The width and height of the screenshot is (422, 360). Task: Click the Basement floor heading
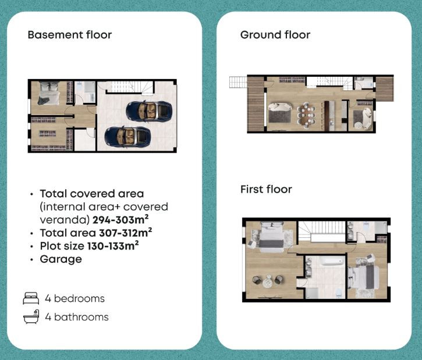tap(70, 35)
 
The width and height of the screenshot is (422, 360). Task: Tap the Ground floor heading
tap(275, 35)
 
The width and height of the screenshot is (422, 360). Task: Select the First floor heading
tap(266, 189)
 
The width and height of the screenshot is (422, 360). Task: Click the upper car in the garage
tap(149, 111)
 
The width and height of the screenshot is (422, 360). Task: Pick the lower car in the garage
tap(127, 137)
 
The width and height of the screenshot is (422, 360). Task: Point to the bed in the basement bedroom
tap(49, 93)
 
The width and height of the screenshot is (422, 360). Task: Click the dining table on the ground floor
tap(306, 115)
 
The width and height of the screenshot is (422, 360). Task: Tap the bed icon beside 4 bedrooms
tap(31, 298)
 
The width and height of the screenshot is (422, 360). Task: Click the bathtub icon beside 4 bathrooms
tap(31, 317)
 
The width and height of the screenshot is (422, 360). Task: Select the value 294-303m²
tap(120, 220)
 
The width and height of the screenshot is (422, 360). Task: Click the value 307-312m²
tap(125, 233)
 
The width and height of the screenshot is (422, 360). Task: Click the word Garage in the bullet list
tap(61, 259)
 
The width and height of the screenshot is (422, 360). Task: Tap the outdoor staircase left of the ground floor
tap(238, 82)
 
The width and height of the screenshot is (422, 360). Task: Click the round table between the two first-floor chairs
tap(268, 281)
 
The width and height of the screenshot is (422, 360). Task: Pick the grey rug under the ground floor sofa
tap(279, 116)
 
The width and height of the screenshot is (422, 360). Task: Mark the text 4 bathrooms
tap(77, 317)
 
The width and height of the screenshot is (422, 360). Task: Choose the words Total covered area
tap(92, 194)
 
